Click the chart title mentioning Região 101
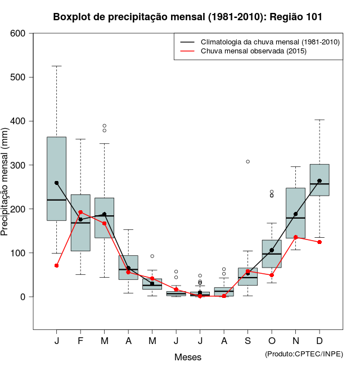coord(188,17)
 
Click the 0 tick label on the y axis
coord(22,297)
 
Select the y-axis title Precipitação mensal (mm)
coord(6,182)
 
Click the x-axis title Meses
coord(188,357)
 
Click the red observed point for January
coord(57,265)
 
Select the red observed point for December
coord(319,242)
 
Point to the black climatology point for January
coord(57,183)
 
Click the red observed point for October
coord(272,275)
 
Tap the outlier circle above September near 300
coord(248,161)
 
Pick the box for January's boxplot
coord(57,179)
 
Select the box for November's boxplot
coord(296,213)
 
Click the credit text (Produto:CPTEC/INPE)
coord(304,354)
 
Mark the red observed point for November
coord(296,237)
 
